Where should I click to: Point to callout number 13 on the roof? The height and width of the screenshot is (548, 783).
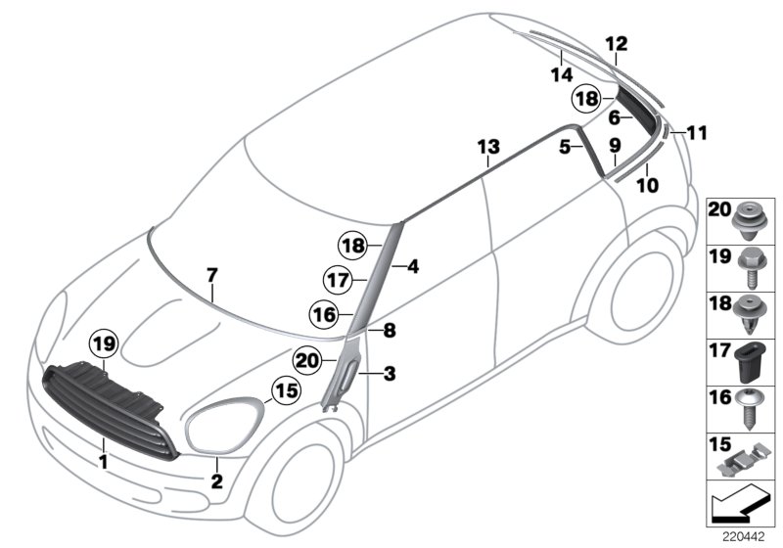487,148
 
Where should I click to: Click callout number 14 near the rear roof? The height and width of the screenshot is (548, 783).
562,73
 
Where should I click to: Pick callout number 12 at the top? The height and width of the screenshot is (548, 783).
616,44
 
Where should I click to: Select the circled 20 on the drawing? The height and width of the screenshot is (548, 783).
307,360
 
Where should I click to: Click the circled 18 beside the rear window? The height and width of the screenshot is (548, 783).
585,99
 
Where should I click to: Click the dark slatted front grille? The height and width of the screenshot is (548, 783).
113,408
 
